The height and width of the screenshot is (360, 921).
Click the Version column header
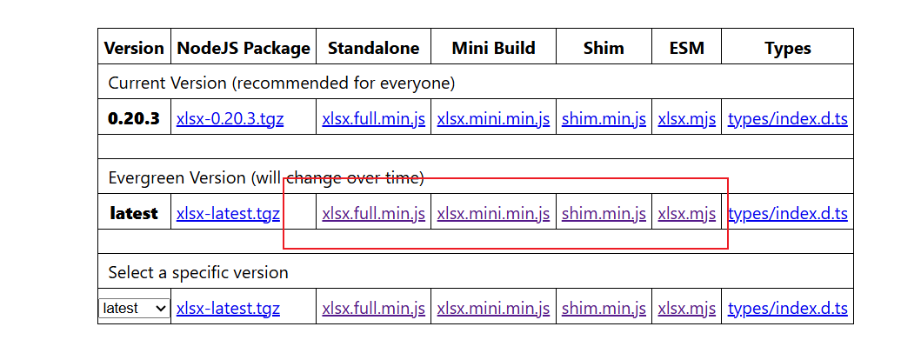tap(134, 48)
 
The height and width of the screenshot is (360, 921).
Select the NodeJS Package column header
tap(244, 48)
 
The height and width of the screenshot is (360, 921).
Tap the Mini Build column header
tap(493, 48)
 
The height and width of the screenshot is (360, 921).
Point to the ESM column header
tap(687, 48)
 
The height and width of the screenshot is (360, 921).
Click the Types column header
tap(788, 49)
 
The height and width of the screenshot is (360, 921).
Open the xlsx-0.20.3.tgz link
tap(230, 119)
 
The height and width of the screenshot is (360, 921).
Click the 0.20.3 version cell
tap(134, 118)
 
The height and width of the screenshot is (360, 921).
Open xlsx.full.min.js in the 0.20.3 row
tap(374, 119)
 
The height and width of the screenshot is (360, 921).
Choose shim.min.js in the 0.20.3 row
tap(604, 119)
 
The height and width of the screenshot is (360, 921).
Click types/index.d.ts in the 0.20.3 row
tap(788, 119)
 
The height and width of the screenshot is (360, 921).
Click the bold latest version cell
tap(134, 213)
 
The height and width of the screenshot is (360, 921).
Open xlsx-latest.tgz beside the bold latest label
tap(228, 214)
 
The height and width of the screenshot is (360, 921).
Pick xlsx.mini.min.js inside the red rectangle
tap(493, 214)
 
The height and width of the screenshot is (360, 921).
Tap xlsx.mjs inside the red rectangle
tap(687, 214)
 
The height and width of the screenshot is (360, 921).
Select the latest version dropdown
tap(135, 309)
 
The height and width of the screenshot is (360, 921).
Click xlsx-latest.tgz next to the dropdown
tap(228, 309)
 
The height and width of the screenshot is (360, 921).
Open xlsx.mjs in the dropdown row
tap(687, 309)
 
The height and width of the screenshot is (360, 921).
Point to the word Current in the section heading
tap(137, 83)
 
